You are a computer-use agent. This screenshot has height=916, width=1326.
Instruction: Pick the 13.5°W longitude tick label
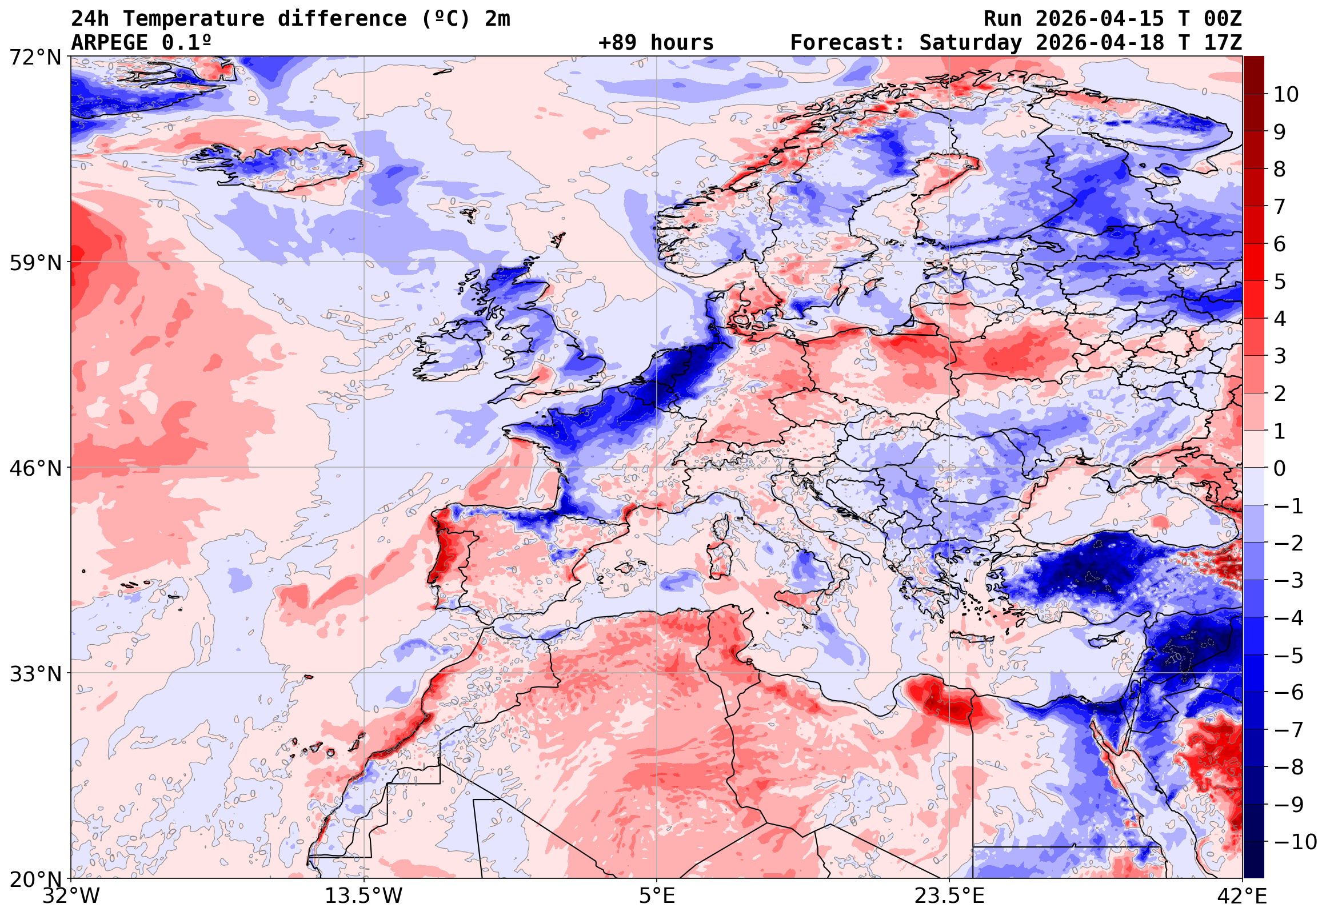pos(364,896)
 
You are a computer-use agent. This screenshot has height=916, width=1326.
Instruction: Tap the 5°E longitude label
pos(657,896)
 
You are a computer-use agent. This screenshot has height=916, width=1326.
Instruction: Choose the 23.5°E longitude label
pos(949,896)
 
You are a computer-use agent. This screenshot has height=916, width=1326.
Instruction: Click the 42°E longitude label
pos(1242,896)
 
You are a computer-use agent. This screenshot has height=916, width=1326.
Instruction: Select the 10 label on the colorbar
pos(1286,95)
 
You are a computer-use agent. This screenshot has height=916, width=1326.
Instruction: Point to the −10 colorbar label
pos(1295,842)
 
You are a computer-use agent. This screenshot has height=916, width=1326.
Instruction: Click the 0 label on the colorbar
pos(1280,468)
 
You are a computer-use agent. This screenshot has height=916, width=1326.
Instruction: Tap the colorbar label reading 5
pos(1280,282)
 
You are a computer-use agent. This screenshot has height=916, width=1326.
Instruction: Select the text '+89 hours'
pos(656,42)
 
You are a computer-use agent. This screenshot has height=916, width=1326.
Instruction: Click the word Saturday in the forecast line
pos(970,42)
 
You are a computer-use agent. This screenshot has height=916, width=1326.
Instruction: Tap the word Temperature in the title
pos(194,19)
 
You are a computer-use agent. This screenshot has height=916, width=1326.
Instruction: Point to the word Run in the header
pos(1003,19)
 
